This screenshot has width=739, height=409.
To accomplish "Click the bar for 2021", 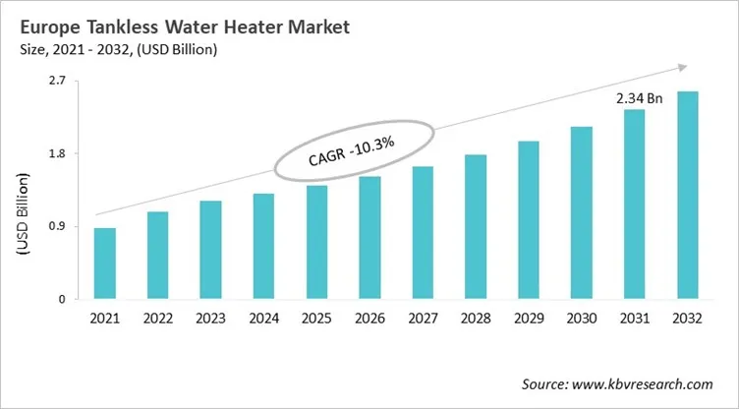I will point(104,263).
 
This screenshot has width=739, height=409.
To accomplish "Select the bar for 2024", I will point(263,246).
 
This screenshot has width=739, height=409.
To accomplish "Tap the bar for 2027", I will point(423,232).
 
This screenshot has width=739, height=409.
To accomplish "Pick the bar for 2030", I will point(582,212).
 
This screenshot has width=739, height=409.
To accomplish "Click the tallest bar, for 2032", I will point(688,195).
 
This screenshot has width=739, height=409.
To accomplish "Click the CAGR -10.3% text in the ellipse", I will point(353,151).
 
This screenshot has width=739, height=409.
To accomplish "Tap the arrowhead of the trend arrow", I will point(679,67).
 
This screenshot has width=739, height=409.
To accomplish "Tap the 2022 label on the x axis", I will point(157,319).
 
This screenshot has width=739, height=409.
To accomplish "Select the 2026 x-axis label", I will point(369,319).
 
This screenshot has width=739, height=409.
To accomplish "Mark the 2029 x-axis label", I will point(529,319).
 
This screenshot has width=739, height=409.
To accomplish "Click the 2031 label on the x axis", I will point(635,319).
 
